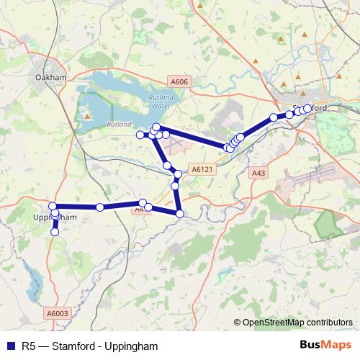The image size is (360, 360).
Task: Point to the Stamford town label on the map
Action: [310, 108]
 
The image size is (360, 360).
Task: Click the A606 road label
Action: [180, 82]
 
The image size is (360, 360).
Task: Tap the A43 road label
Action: [259, 173]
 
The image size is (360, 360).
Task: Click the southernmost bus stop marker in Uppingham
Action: [55, 232]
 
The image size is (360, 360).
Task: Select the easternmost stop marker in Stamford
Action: [307, 109]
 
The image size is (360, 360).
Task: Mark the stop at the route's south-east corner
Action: [180, 213]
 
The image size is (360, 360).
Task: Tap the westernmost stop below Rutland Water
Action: [140, 135]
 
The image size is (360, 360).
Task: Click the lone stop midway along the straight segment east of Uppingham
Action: [100, 207]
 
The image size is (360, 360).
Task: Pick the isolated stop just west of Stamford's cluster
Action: [274, 117]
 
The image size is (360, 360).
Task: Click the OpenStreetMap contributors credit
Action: [296, 323]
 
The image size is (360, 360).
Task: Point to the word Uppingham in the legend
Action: [131, 346]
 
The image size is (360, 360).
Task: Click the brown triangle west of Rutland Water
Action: [87, 115]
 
